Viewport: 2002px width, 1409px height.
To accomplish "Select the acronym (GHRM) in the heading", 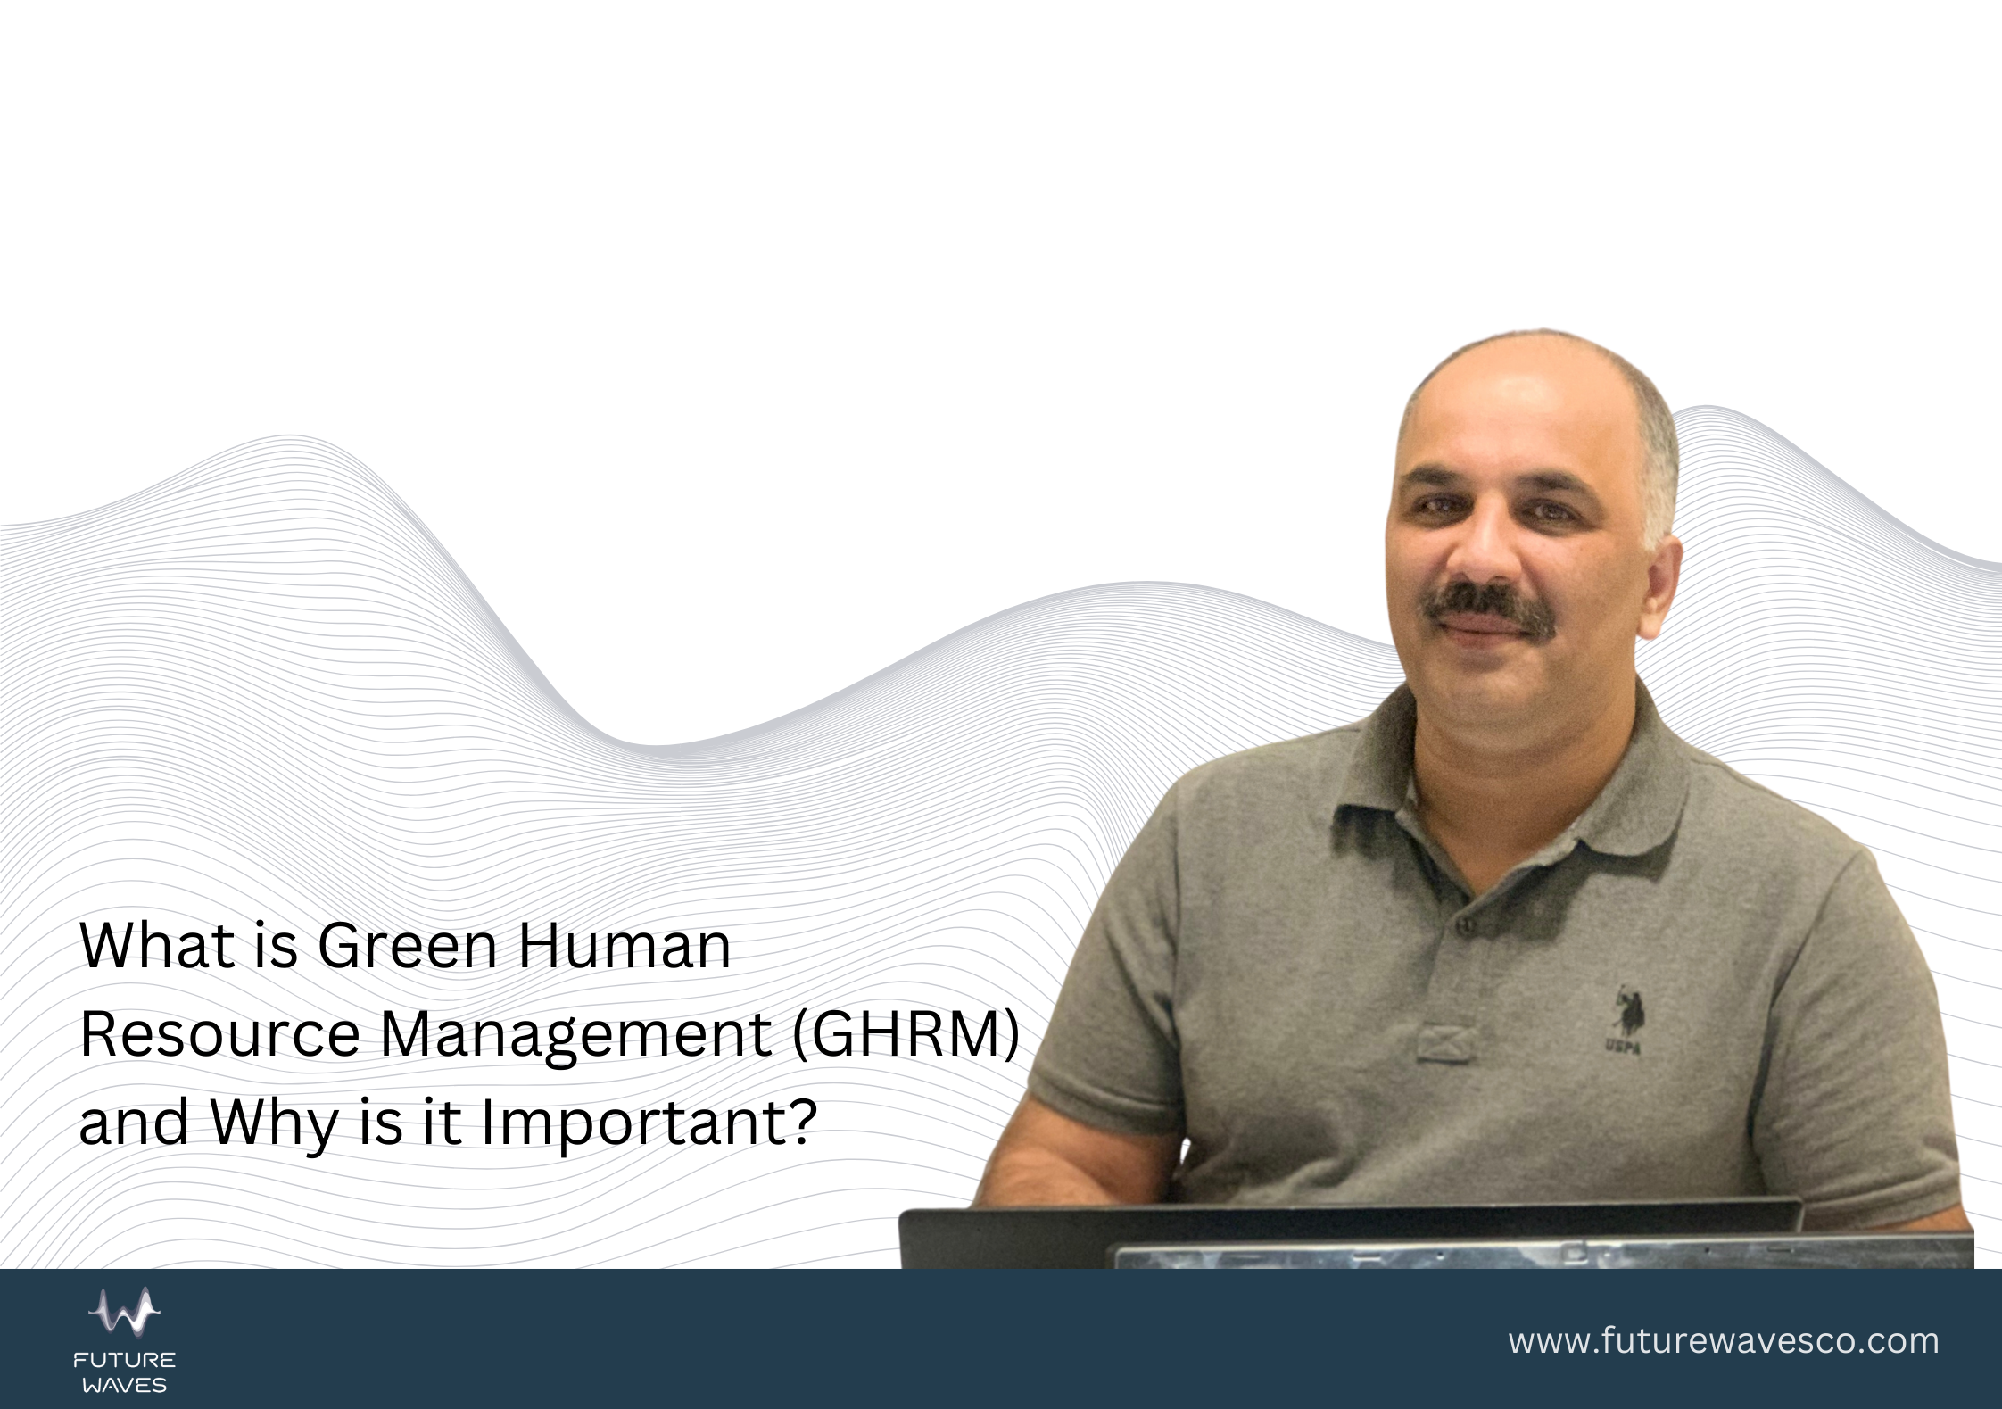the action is click(x=905, y=1035).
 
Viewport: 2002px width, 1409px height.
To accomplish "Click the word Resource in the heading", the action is click(x=220, y=1035).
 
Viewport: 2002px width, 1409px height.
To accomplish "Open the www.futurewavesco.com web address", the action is click(x=1724, y=1342).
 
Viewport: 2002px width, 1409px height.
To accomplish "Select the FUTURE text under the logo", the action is click(x=125, y=1361).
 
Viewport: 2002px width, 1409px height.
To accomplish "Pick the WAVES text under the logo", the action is click(x=125, y=1386).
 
